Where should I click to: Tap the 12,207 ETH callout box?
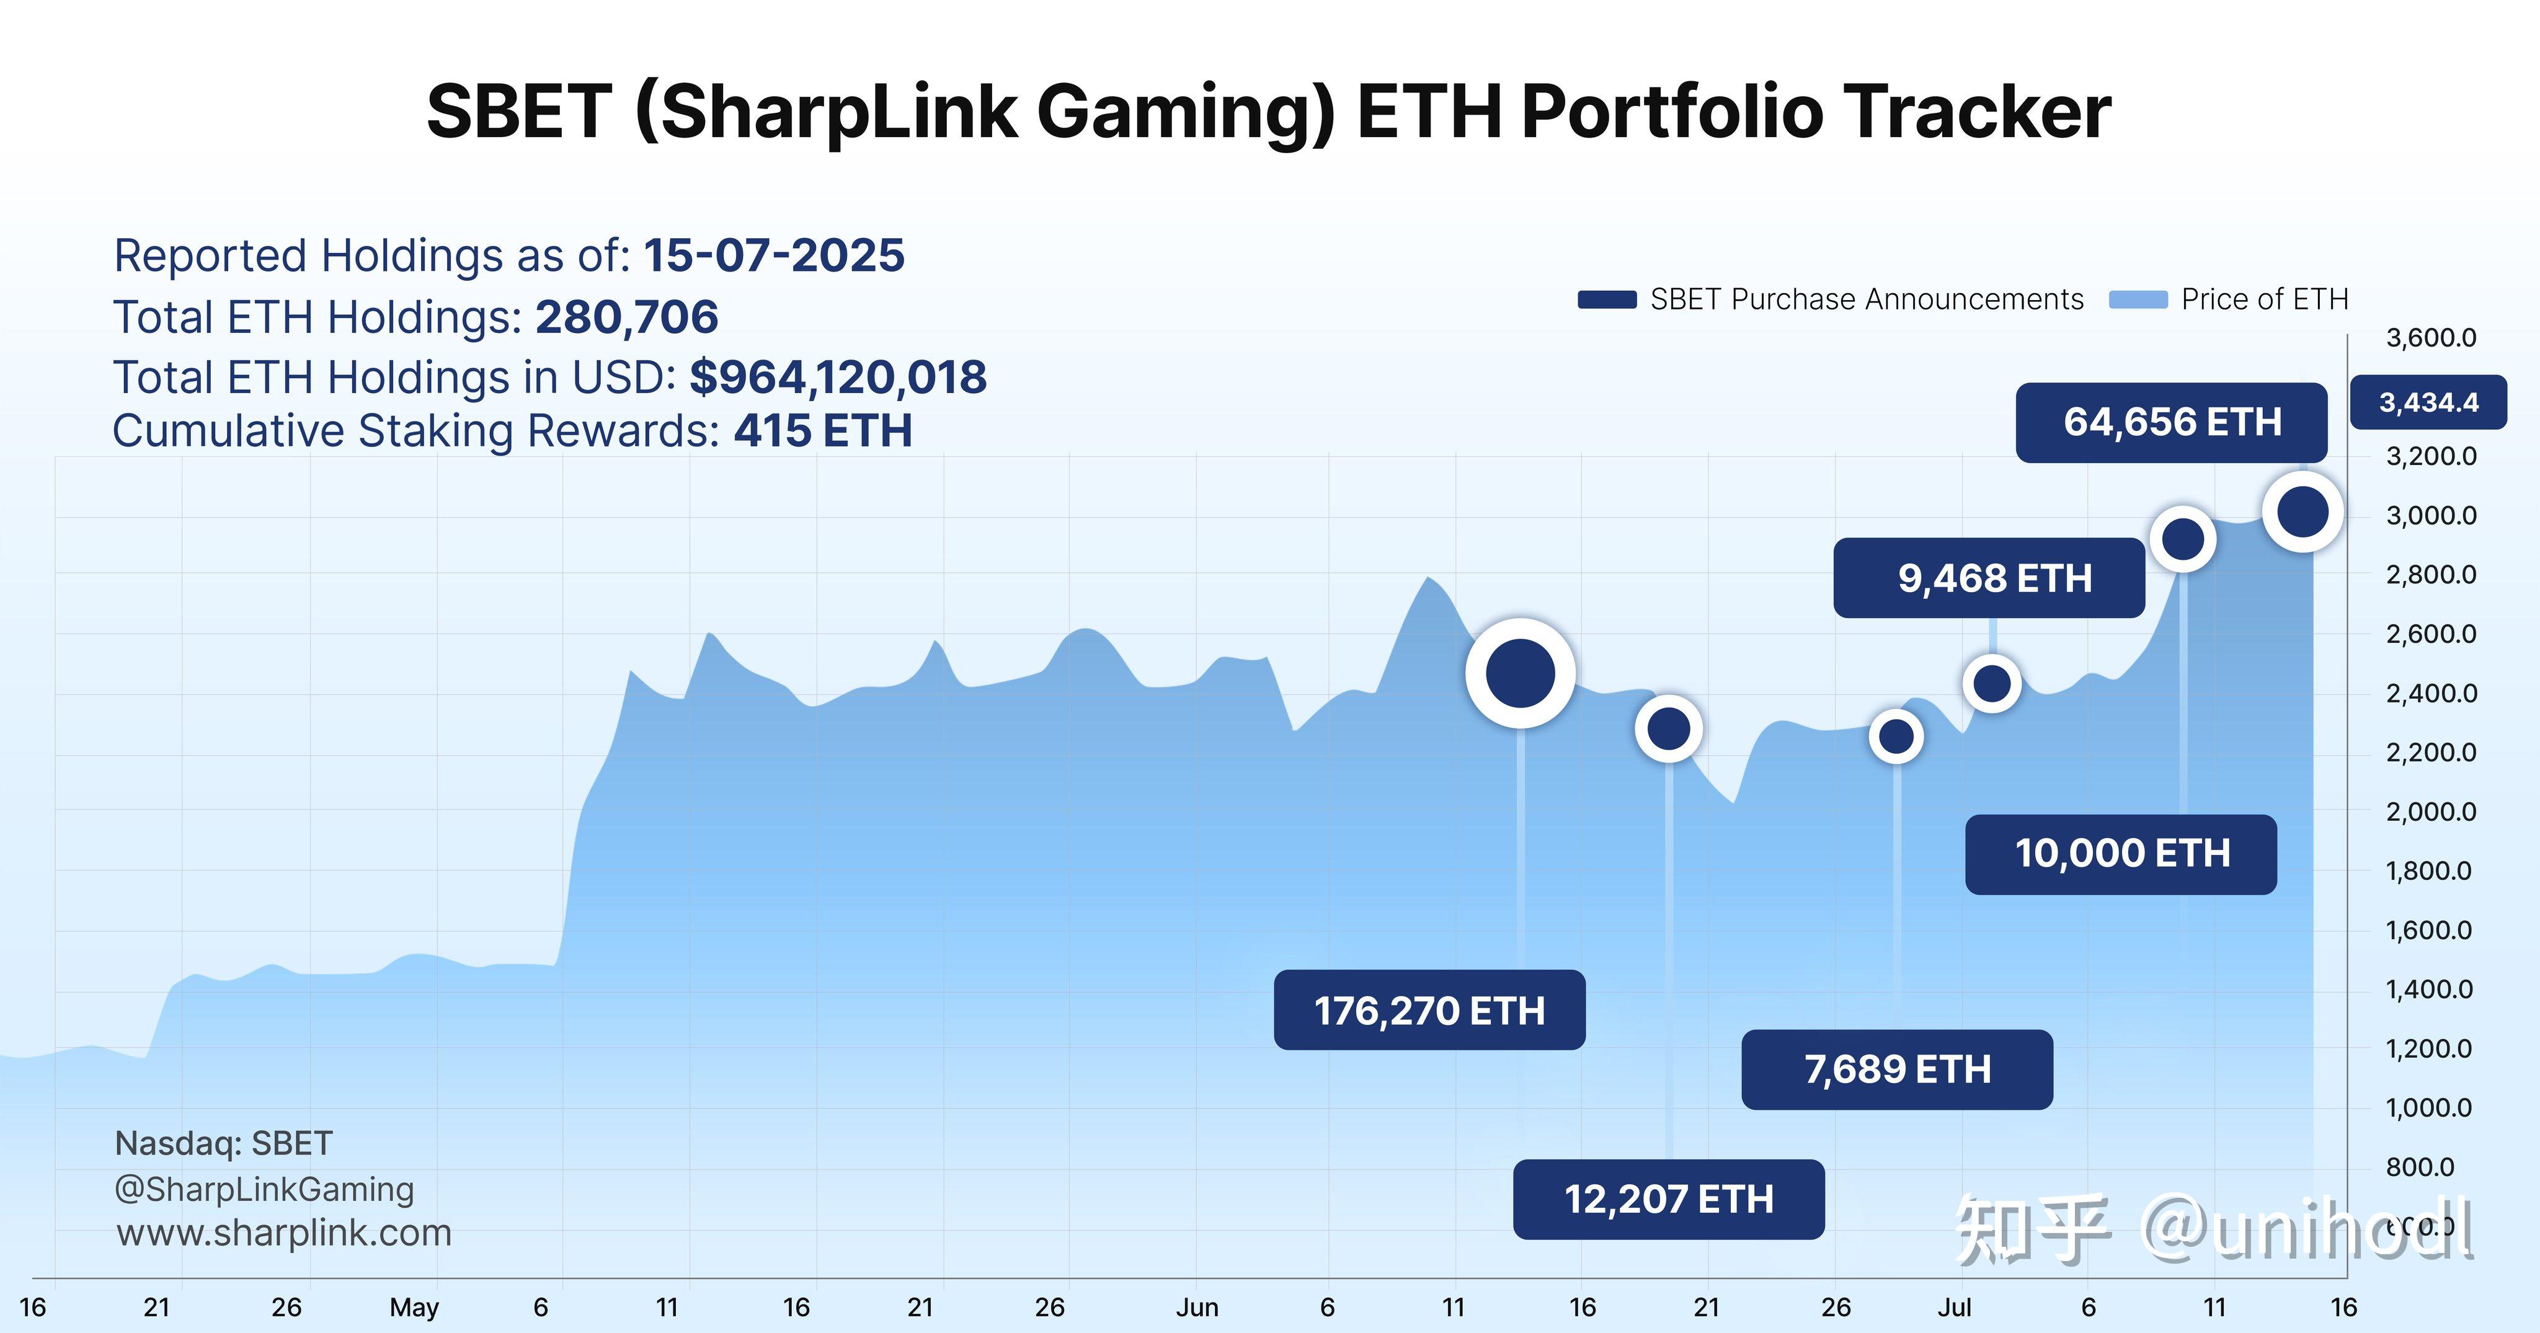coord(1668,1199)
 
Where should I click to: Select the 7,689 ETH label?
coord(1897,1069)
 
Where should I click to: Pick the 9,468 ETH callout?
coord(1989,578)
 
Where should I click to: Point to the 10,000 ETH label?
coord(2121,854)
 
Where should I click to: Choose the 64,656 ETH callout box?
coord(2171,423)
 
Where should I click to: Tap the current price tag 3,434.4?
coord(2428,402)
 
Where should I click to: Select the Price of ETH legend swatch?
coord(2138,299)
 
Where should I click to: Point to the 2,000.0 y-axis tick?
coord(2431,812)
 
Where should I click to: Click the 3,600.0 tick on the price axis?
coord(2431,338)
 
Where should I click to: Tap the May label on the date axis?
coord(414,1308)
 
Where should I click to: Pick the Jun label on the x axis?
coord(1197,1308)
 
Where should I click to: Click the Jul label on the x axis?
coord(1955,1308)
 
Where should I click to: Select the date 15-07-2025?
coord(774,256)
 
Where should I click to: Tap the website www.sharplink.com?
coord(284,1233)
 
